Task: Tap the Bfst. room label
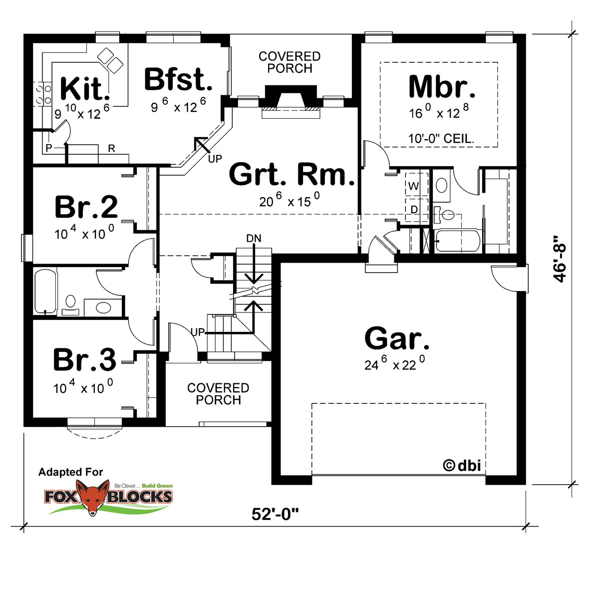[x=178, y=79]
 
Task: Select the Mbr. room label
[x=442, y=87]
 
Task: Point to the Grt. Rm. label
[x=292, y=174]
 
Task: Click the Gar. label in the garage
[x=397, y=338]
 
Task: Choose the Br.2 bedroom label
[x=86, y=207]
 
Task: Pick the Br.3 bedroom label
[x=85, y=359]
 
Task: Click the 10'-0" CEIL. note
[x=441, y=138]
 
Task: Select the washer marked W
[x=413, y=186]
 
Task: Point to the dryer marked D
[x=414, y=210]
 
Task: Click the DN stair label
[x=254, y=239]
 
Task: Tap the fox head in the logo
[x=93, y=497]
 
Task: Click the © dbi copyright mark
[x=462, y=466]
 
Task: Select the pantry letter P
[x=49, y=148]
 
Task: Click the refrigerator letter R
[x=112, y=149]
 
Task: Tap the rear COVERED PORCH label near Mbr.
[x=290, y=62]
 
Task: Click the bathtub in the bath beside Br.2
[x=46, y=292]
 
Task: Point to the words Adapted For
[x=70, y=472]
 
